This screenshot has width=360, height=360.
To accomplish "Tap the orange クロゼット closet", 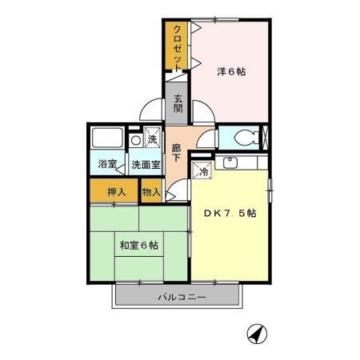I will click(177, 46).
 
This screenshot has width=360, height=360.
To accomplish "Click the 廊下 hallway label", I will click(176, 152).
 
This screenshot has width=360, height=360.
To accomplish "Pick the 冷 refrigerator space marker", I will click(204, 169).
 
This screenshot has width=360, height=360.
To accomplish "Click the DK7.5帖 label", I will click(228, 214).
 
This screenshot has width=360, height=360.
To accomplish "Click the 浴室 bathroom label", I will click(106, 164).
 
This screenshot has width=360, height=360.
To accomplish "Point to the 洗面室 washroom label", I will click(146, 164).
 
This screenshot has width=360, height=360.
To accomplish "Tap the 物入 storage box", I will click(151, 191).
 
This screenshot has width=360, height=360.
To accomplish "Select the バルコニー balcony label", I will click(181, 298).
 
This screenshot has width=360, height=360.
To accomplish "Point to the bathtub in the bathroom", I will click(106, 139).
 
